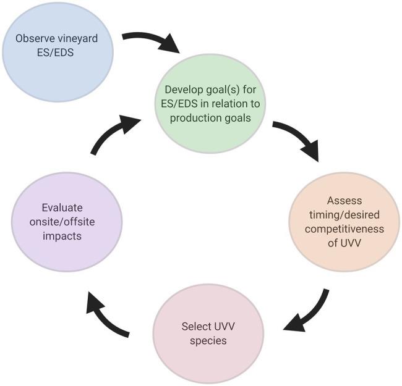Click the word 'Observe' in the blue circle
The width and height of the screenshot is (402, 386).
click(x=35, y=38)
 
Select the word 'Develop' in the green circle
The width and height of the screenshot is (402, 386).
click(x=182, y=89)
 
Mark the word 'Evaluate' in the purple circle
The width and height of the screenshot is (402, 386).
click(x=62, y=208)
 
